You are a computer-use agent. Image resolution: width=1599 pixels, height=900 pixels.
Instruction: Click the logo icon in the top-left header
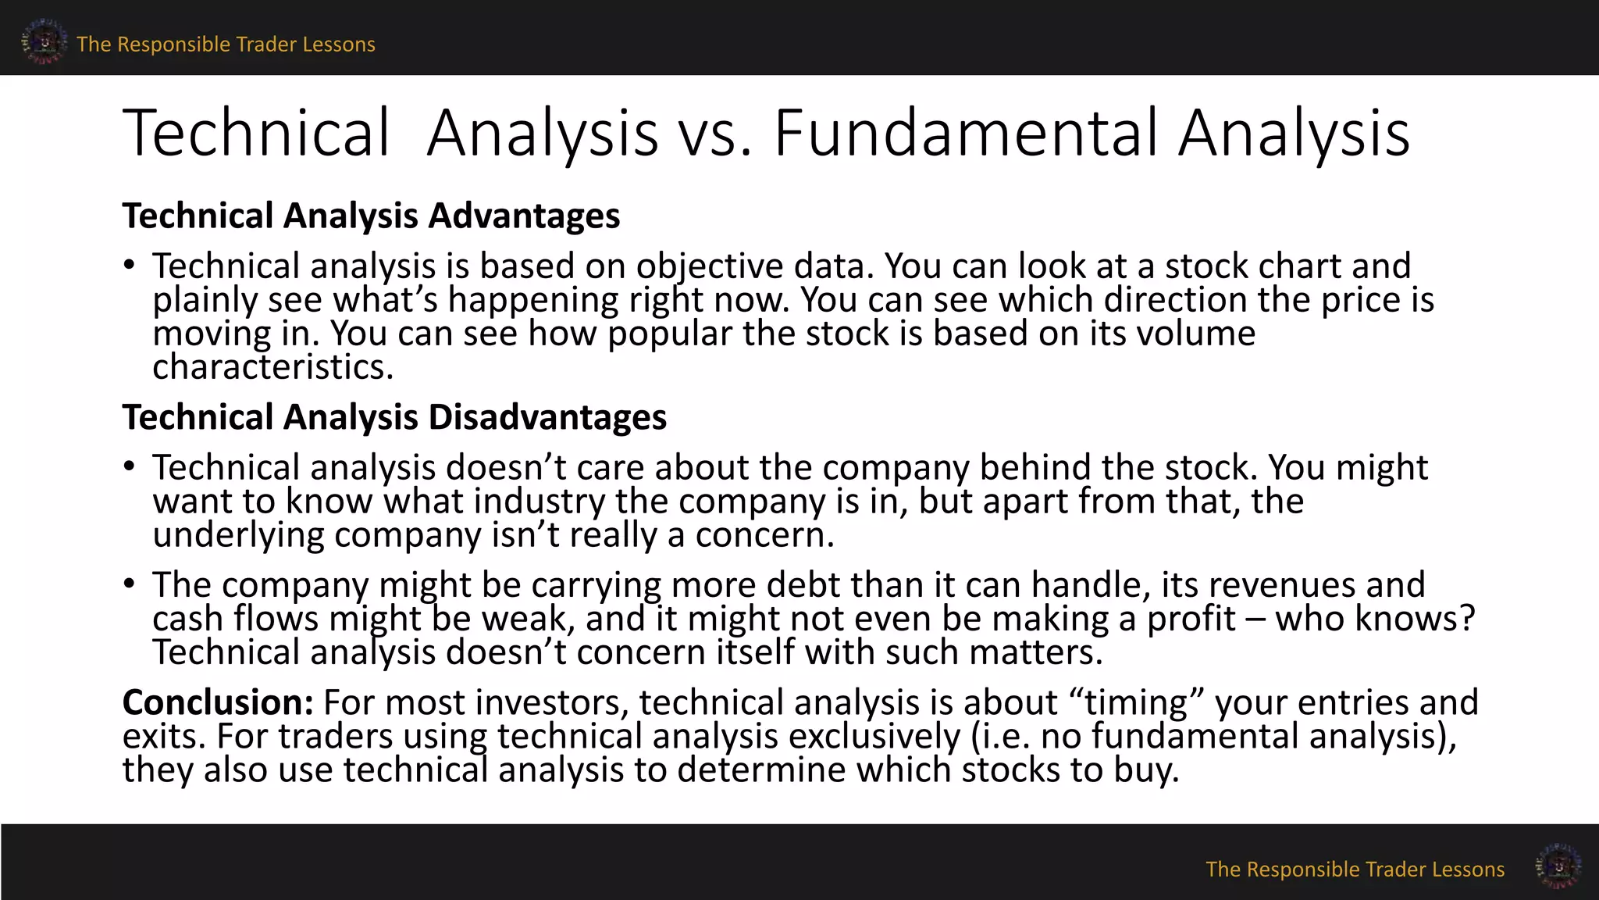pos(44,42)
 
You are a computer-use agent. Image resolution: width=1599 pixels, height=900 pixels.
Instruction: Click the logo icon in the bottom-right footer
pos(1558,866)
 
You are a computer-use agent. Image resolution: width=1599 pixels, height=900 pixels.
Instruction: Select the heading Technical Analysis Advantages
pos(371,216)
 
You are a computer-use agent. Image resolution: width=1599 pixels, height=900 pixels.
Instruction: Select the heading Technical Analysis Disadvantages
pos(394,417)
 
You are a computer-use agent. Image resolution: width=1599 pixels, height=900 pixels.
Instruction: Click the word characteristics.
pos(272,367)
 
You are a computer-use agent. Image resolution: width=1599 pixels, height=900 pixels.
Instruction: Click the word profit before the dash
pos(1191,619)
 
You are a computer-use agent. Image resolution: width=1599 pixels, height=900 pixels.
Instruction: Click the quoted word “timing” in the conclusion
pos(1136,702)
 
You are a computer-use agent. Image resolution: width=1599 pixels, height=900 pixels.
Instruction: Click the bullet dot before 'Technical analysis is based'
pos(130,266)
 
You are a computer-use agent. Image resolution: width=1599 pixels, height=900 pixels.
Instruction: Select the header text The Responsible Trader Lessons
pos(226,45)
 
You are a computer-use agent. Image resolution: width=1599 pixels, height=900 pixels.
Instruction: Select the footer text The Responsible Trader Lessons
pos(1355,870)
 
